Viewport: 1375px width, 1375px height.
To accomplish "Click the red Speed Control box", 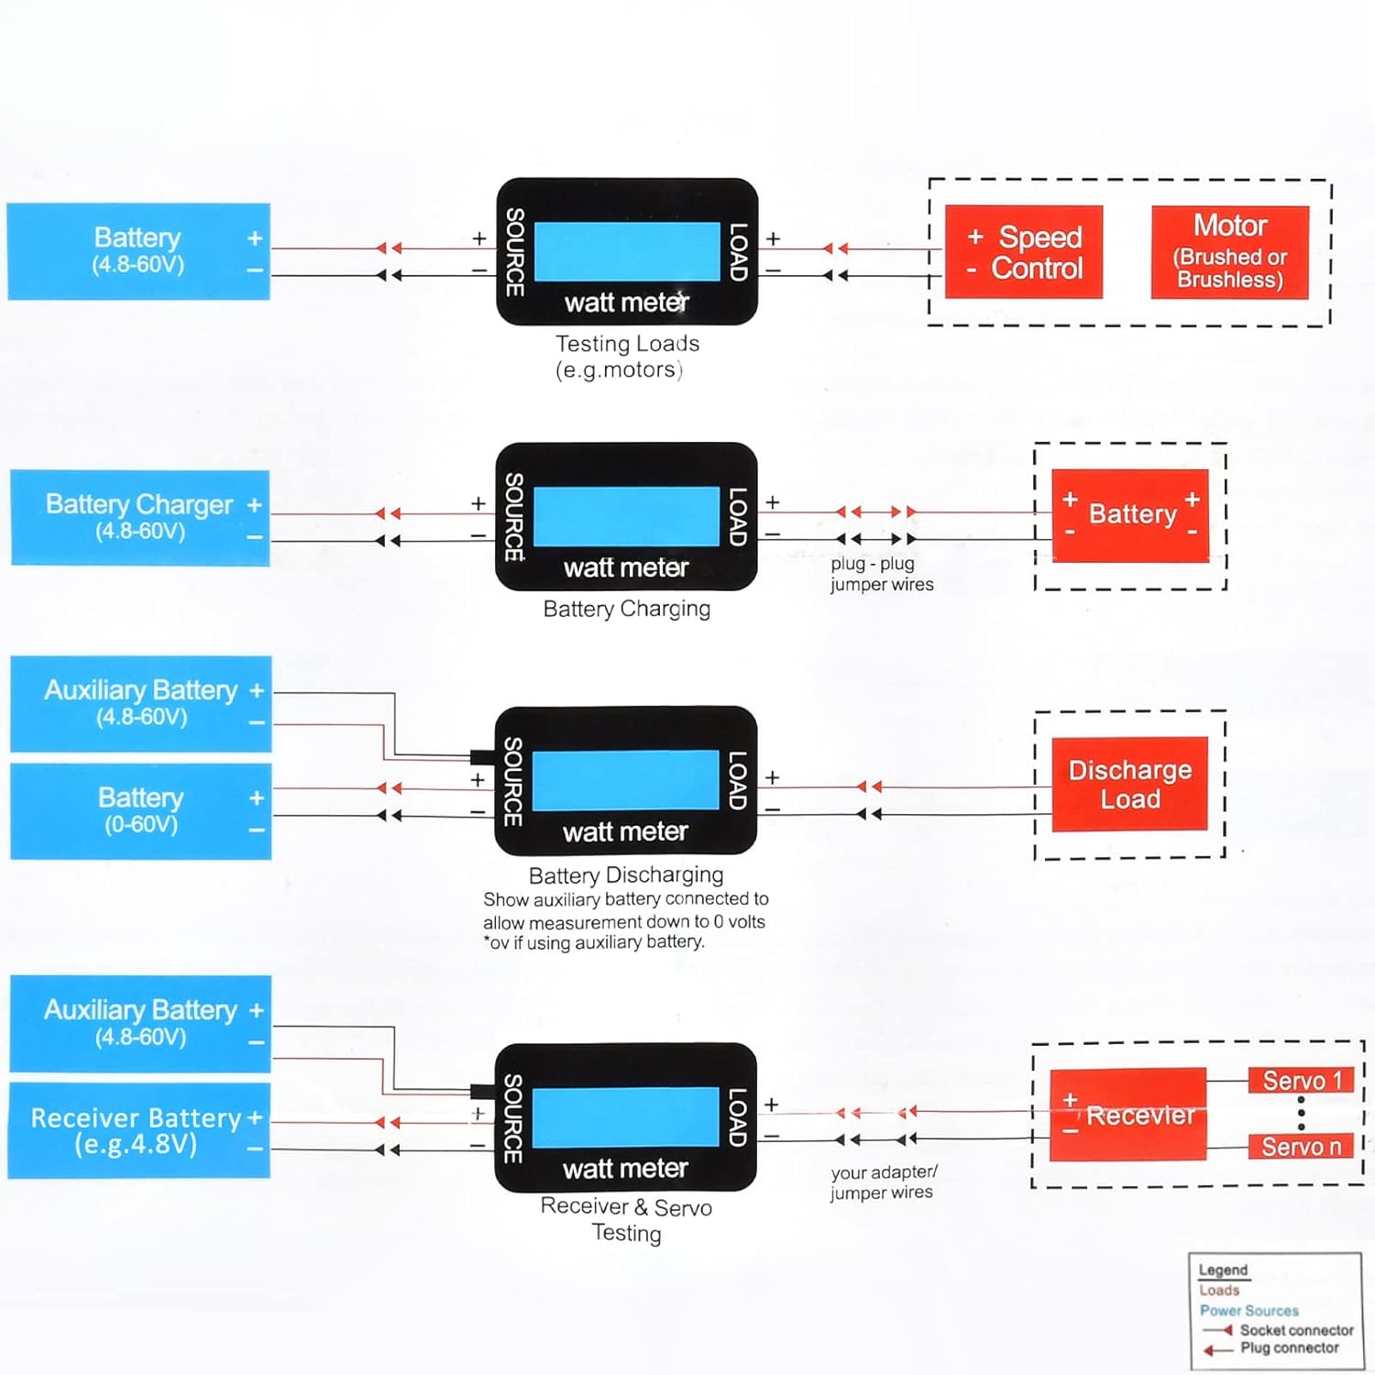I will (x=1023, y=252).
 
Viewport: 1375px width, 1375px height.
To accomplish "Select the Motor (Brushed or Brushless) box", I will (x=1229, y=252).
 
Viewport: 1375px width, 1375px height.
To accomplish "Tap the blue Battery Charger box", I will (x=139, y=517).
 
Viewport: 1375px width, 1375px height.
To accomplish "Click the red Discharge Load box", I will (x=1129, y=784).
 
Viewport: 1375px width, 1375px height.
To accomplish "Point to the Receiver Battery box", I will (x=138, y=1130).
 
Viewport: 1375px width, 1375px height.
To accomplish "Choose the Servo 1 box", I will (x=1301, y=1081).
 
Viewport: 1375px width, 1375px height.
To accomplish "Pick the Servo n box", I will (x=1301, y=1147).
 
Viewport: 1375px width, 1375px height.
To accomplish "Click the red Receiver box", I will (x=1127, y=1115).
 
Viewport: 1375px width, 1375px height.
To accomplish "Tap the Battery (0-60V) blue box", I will (x=140, y=810).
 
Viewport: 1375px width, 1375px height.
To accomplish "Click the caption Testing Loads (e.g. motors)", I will (x=627, y=357).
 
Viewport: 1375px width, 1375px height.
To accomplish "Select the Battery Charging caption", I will (x=627, y=609).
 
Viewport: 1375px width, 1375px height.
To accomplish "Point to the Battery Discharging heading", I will (x=626, y=874).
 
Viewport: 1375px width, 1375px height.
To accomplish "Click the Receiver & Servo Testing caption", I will (x=626, y=1219).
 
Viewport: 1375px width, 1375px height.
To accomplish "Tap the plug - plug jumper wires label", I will (x=881, y=574).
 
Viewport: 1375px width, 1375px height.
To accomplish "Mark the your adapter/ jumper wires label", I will (x=883, y=1182).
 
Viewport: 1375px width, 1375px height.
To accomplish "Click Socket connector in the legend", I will (x=1295, y=1330).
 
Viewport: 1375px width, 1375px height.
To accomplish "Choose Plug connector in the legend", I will (x=1289, y=1348).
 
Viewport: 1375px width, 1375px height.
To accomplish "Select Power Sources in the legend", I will (x=1248, y=1311).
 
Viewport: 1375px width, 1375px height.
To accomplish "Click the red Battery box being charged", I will (x=1129, y=515).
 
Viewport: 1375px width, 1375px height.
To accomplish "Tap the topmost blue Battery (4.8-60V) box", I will (x=138, y=251).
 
